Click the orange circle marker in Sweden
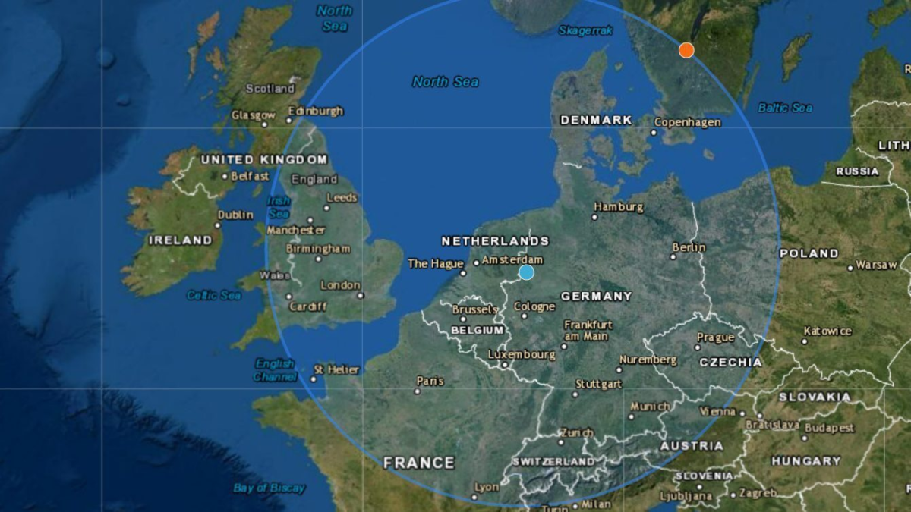(x=686, y=50)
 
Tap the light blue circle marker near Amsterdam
(x=526, y=272)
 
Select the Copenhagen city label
(x=687, y=122)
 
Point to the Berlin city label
(x=689, y=247)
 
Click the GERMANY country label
(x=596, y=296)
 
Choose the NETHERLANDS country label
(x=495, y=241)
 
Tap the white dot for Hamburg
(x=594, y=217)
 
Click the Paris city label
(x=430, y=381)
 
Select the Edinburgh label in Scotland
(x=319, y=111)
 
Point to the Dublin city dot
(x=219, y=225)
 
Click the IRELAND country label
(x=180, y=240)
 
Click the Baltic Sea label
(x=785, y=108)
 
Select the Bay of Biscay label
(x=270, y=488)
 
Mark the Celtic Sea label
(x=214, y=295)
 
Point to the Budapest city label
(x=829, y=429)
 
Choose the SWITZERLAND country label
(x=553, y=461)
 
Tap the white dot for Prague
(x=697, y=347)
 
